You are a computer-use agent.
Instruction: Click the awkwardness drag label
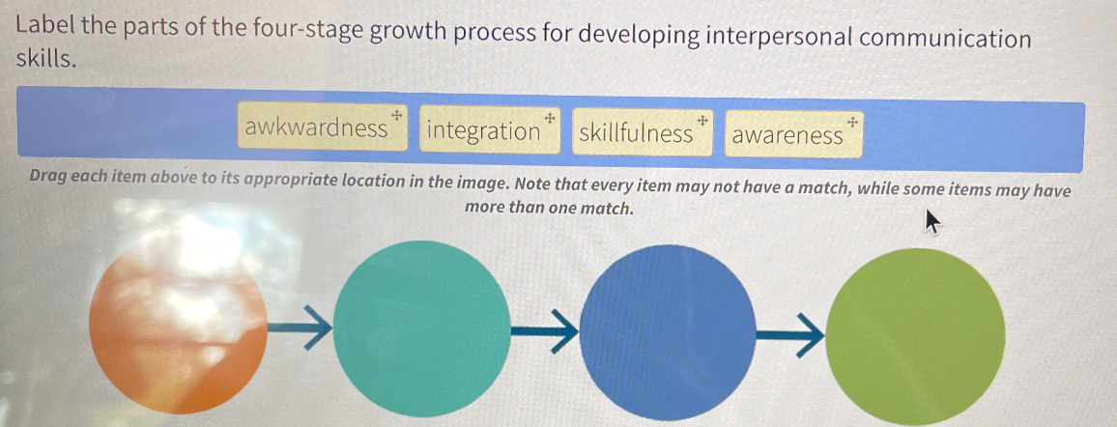[x=316, y=129]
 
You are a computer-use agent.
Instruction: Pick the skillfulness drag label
[x=636, y=133]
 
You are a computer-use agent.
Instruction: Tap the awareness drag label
[x=787, y=135]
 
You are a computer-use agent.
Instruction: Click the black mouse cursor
[x=932, y=227]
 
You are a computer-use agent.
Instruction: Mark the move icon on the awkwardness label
[x=396, y=115]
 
